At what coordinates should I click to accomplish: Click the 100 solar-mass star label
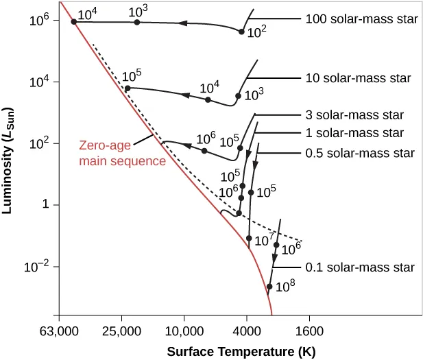pyautogui.click(x=361, y=19)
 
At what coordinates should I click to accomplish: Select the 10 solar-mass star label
pyautogui.click(x=358, y=78)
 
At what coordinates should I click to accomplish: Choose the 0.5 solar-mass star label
pyautogui.click(x=359, y=152)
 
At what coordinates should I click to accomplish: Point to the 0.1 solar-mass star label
pyautogui.click(x=359, y=267)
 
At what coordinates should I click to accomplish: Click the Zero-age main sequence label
pyautogui.click(x=122, y=154)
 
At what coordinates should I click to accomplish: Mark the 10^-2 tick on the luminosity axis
pyautogui.click(x=38, y=267)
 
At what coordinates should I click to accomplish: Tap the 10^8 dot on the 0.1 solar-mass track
pyautogui.click(x=269, y=287)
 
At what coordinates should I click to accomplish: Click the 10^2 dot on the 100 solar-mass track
pyautogui.click(x=241, y=32)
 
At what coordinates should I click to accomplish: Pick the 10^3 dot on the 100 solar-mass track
pyautogui.click(x=137, y=22)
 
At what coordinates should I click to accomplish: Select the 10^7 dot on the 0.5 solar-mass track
pyautogui.click(x=249, y=238)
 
